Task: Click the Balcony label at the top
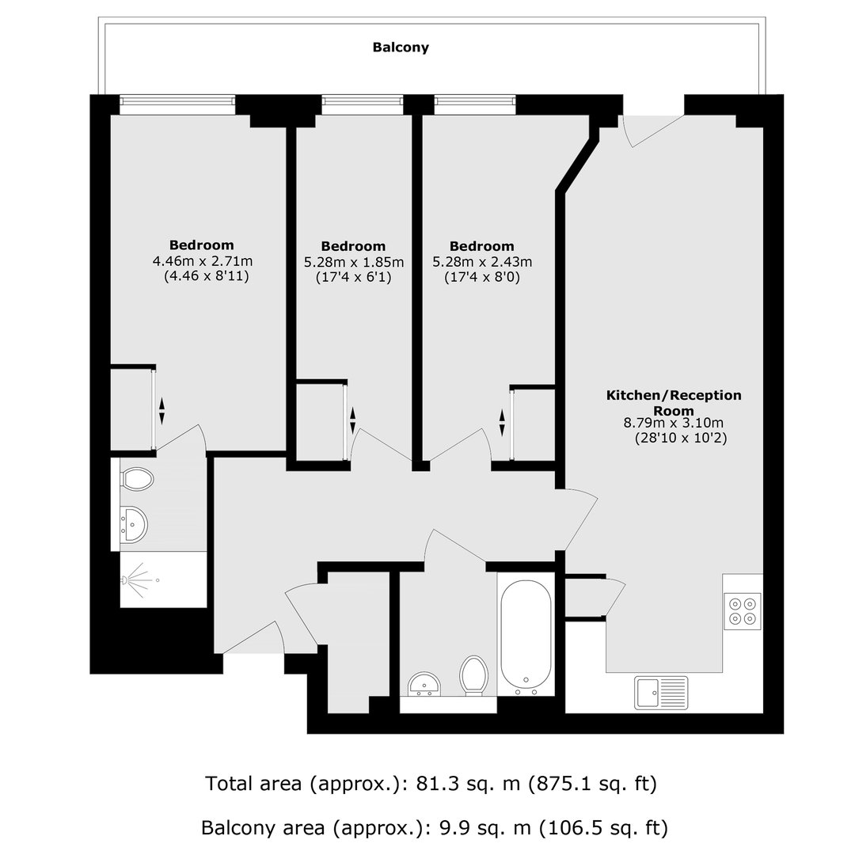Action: [x=401, y=47]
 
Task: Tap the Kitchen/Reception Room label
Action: [x=674, y=402]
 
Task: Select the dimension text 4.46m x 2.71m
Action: [x=203, y=261]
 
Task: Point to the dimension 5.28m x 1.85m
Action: [x=354, y=262]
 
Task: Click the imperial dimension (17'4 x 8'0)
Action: [x=482, y=278]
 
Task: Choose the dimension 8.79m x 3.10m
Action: [x=674, y=423]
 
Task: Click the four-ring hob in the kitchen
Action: [x=743, y=610]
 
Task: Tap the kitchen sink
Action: [x=661, y=693]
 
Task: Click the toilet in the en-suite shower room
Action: [x=136, y=479]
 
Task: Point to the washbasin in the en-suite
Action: [x=133, y=525]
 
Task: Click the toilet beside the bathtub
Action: [x=473, y=675]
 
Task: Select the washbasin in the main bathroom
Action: [x=425, y=684]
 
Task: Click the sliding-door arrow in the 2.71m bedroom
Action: [x=161, y=411]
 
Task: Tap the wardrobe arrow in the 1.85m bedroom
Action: [x=352, y=420]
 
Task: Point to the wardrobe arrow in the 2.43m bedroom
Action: [x=502, y=423]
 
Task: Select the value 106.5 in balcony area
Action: [x=568, y=828]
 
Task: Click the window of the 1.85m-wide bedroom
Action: [x=362, y=105]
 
